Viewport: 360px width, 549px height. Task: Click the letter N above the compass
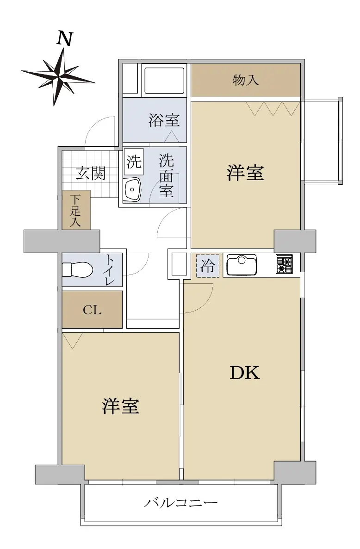(65, 39)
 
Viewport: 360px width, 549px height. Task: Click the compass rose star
(59, 76)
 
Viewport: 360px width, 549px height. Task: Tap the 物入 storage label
(246, 81)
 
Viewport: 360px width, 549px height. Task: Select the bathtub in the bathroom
(164, 81)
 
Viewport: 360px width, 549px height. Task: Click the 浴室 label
(164, 120)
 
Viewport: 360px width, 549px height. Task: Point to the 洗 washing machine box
(134, 162)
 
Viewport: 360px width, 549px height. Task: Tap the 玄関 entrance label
(91, 173)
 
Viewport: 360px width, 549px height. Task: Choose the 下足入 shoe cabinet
(76, 210)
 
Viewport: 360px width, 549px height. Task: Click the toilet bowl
(77, 270)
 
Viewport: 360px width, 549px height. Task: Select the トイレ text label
(111, 270)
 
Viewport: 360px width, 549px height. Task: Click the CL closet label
(92, 310)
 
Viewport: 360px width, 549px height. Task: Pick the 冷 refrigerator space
(207, 266)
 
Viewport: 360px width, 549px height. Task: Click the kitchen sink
(242, 265)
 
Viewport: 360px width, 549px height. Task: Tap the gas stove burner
(284, 264)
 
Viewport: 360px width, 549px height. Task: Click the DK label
(244, 373)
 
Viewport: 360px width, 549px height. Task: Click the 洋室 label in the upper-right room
(245, 173)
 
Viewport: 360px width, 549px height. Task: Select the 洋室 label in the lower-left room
(121, 406)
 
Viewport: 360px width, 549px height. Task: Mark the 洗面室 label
(167, 176)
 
